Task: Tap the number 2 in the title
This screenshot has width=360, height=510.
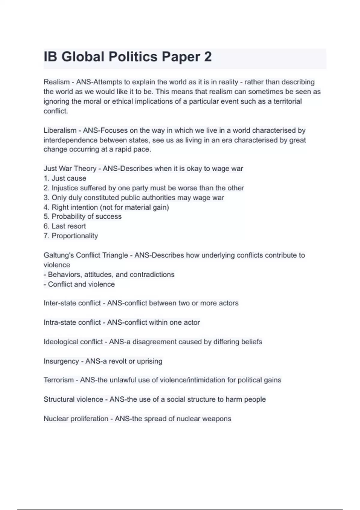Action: (x=208, y=57)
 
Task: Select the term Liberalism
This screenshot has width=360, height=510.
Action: (x=60, y=130)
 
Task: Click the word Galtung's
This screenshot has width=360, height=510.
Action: (x=58, y=255)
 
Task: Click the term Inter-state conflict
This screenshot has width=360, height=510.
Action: (x=72, y=303)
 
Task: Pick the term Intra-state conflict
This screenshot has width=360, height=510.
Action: (x=72, y=322)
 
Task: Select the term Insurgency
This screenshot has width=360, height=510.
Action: (x=61, y=361)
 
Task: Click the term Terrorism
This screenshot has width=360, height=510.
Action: (x=58, y=380)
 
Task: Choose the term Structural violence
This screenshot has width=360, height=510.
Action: (x=73, y=399)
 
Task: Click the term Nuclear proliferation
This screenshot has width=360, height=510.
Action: (x=76, y=419)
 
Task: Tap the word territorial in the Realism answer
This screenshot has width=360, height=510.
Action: (x=287, y=101)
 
